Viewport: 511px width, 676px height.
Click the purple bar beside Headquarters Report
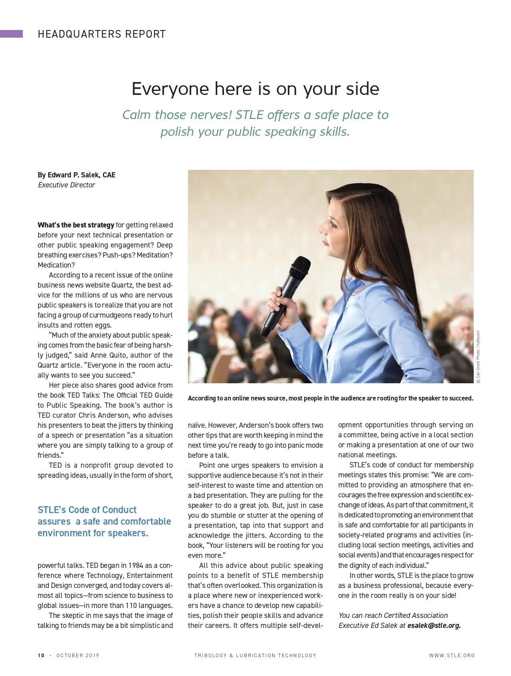(11, 34)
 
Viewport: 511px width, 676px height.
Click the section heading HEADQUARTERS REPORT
(101, 34)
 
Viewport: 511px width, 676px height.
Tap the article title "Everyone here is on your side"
(255, 89)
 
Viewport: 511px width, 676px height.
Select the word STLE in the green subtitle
(249, 115)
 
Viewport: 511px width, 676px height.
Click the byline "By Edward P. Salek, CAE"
(77, 175)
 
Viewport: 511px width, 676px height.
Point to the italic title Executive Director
(67, 185)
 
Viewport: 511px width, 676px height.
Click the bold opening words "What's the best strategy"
(76, 225)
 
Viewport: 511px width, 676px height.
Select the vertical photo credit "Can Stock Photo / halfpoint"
(478, 356)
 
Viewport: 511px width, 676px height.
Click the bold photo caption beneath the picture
(330, 398)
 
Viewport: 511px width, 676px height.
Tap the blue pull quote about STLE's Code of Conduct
(104, 521)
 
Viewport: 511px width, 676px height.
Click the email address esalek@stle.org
(434, 626)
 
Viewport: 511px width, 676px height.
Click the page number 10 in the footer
(41, 656)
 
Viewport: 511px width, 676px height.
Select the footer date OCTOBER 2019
(78, 656)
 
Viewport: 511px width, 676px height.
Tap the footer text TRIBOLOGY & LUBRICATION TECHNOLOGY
(255, 656)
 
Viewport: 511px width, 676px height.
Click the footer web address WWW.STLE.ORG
(452, 656)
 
